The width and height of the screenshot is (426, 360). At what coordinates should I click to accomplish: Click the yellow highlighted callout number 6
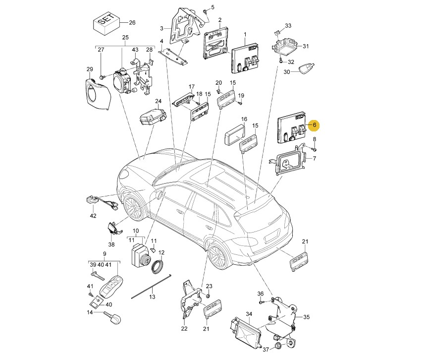[315, 125]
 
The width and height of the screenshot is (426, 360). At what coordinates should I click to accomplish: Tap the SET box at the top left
[107, 24]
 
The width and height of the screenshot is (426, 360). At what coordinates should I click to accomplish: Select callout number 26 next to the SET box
[132, 23]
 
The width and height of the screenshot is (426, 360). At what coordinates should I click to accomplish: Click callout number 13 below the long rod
[152, 297]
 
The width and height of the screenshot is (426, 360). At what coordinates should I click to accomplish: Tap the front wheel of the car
[132, 208]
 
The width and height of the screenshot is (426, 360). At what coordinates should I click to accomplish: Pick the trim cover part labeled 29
[97, 93]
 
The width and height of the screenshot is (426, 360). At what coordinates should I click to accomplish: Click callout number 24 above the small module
[158, 102]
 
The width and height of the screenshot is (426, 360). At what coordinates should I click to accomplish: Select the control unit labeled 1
[245, 58]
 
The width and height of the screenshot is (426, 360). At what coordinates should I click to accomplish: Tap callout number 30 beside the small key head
[287, 72]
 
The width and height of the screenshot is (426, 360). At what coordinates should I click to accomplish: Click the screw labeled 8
[314, 149]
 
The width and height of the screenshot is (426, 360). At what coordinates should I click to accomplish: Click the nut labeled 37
[278, 346]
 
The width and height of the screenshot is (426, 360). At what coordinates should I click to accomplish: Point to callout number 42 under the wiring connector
[93, 216]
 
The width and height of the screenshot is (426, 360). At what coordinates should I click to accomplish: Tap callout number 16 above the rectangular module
[244, 119]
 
